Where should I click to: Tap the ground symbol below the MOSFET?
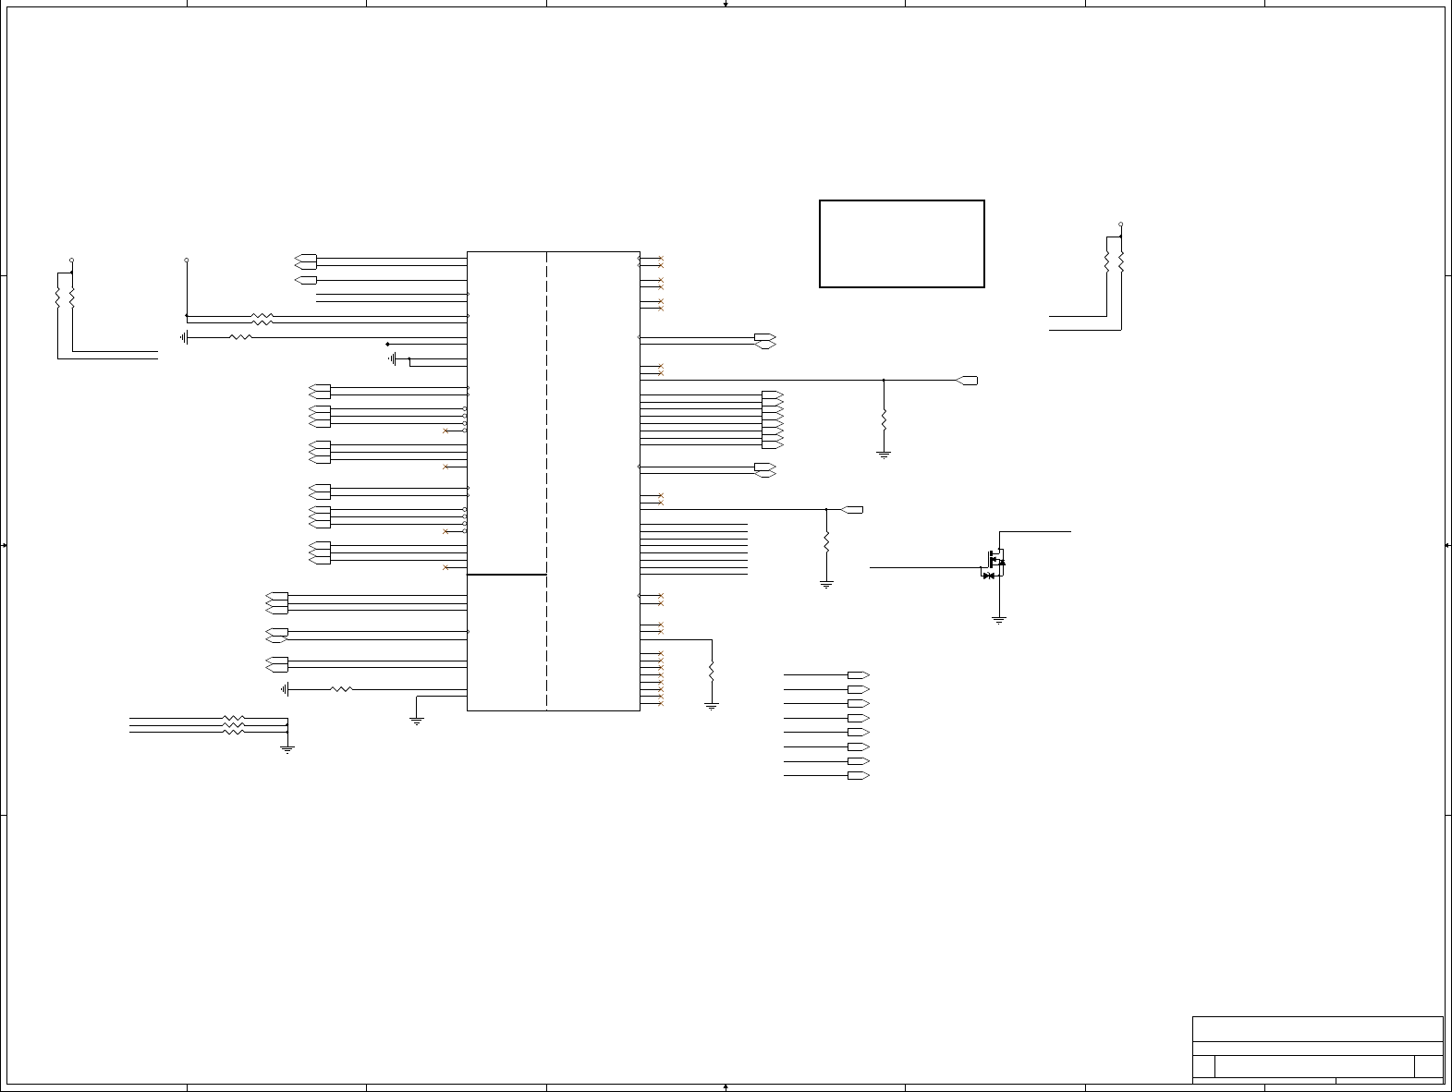click(998, 620)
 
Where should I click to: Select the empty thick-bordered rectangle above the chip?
click(901, 244)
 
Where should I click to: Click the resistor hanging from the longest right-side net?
click(884, 419)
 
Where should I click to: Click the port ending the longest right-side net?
click(967, 381)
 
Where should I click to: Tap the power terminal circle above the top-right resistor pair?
click(1121, 224)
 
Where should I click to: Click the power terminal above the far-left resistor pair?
click(72, 261)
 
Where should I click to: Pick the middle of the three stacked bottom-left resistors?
click(233, 725)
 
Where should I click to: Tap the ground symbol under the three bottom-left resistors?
click(287, 748)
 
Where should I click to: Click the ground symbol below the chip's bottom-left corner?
click(417, 721)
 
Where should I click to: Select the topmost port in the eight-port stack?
click(859, 675)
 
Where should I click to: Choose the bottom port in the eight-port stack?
click(859, 776)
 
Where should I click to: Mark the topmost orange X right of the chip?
click(661, 260)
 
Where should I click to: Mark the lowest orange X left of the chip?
click(445, 567)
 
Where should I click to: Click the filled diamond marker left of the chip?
click(387, 345)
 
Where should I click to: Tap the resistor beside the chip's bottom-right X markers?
click(712, 671)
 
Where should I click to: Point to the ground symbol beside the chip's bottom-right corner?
click(712, 706)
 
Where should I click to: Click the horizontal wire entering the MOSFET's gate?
click(924, 567)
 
